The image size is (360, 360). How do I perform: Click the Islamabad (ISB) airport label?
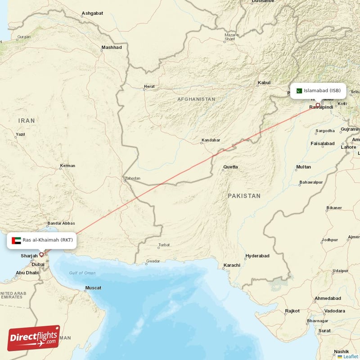[322, 90]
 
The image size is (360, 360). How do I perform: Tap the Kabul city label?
[264, 83]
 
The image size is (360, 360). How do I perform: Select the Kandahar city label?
[211, 140]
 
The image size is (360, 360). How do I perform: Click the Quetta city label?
[230, 167]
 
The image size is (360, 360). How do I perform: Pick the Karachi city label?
[232, 265]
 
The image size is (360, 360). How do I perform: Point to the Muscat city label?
[93, 288]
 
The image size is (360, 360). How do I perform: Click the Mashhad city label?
[112, 47]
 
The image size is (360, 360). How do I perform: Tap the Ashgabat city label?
[92, 13]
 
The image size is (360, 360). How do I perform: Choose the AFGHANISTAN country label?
[196, 99]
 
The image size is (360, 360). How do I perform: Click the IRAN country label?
[27, 121]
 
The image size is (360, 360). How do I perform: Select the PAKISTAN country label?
[244, 196]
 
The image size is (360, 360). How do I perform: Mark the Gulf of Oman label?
[82, 273]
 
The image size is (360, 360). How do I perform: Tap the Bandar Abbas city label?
[61, 223]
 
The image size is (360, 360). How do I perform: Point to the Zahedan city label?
[132, 178]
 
